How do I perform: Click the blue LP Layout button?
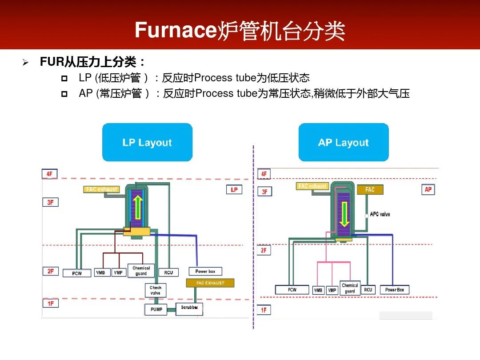tap(147, 142)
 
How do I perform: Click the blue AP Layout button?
tap(344, 142)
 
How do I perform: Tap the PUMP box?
tap(156, 309)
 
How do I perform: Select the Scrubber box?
tap(189, 308)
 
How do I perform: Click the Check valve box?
tap(156, 290)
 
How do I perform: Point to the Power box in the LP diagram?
tap(205, 271)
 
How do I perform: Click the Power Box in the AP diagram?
tap(394, 290)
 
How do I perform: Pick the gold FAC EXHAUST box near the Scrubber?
tap(210, 283)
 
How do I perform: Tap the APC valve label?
tap(380, 214)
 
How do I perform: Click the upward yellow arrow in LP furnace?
tap(138, 207)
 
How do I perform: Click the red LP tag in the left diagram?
tap(234, 190)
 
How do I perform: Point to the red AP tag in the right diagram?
tap(428, 190)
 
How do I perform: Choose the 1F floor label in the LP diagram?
tap(51, 303)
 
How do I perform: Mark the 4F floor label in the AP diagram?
tap(264, 174)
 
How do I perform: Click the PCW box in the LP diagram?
tap(77, 273)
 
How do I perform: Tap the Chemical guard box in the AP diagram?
tap(350, 288)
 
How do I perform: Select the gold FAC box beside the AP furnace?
tap(370, 190)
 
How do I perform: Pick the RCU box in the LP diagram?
tap(168, 272)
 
